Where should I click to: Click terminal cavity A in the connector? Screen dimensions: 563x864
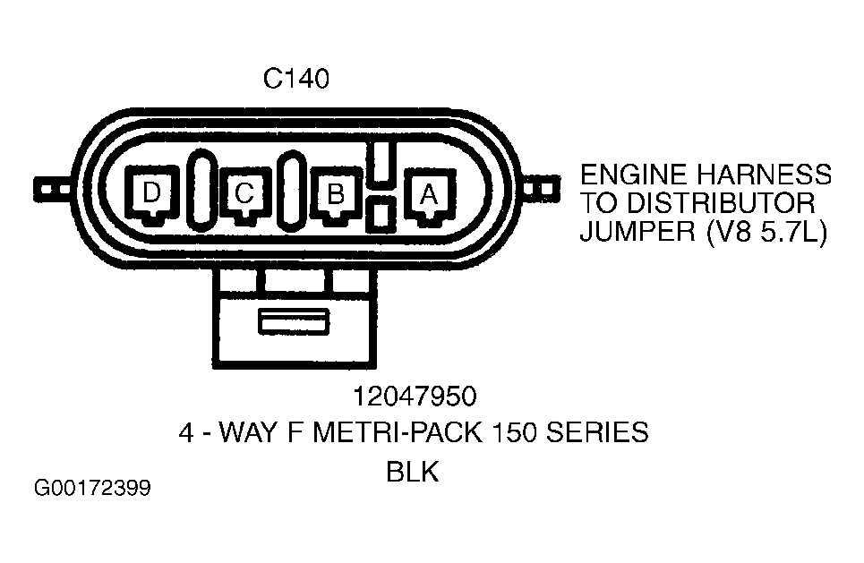[428, 194]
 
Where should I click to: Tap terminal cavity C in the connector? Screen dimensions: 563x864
[244, 194]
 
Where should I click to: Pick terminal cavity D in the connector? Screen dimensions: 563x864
[151, 194]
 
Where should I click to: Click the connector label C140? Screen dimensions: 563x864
[296, 80]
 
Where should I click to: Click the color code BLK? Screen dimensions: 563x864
[413, 472]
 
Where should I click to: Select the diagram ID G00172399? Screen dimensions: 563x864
[92, 489]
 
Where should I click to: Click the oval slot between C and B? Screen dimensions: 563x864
[291, 192]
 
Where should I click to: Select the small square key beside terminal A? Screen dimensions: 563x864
[380, 214]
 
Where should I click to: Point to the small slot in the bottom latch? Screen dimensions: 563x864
[295, 322]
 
